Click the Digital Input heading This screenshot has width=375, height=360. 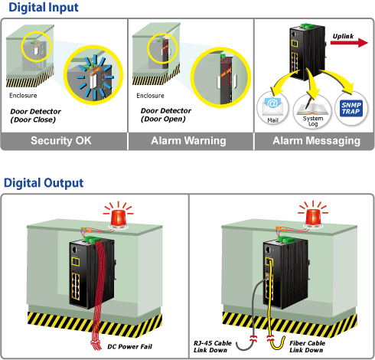(x=44, y=8)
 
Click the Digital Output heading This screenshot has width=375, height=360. (x=44, y=183)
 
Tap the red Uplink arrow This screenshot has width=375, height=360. (x=349, y=42)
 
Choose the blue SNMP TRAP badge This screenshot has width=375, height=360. (x=351, y=108)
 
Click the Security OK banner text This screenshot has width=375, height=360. (x=61, y=141)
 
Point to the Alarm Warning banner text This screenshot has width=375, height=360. (x=188, y=141)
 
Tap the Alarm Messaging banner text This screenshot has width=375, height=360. (x=316, y=141)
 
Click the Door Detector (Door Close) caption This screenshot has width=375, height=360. (x=35, y=116)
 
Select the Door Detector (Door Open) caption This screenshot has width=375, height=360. (x=166, y=115)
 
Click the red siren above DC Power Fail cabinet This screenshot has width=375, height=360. (x=119, y=218)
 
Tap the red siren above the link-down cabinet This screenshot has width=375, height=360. (x=313, y=218)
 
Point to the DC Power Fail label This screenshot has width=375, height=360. (x=129, y=347)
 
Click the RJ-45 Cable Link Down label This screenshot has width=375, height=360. (x=212, y=347)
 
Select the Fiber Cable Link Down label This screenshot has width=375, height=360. (x=307, y=347)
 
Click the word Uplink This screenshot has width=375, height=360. (x=343, y=36)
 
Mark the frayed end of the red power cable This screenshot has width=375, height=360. (x=96, y=345)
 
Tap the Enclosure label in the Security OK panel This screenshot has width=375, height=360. (x=23, y=96)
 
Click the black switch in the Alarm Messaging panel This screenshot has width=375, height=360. (x=307, y=52)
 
